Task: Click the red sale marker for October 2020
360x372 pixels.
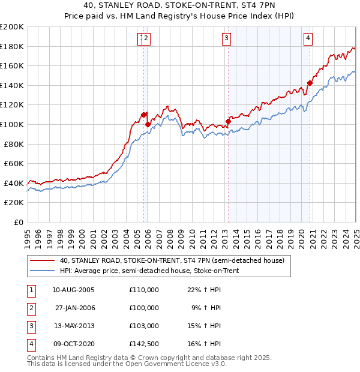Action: (x=310, y=83)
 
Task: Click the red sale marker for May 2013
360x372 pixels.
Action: (x=228, y=121)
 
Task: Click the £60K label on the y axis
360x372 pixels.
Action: (x=14, y=163)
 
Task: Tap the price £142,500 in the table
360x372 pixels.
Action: (x=143, y=344)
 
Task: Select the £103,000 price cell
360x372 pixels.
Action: (x=143, y=326)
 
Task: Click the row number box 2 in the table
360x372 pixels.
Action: (x=30, y=308)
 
